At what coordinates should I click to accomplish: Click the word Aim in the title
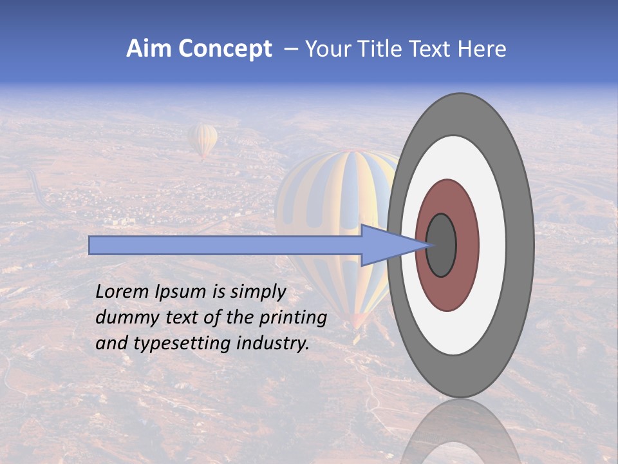(x=149, y=49)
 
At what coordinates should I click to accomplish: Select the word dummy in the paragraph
(x=125, y=318)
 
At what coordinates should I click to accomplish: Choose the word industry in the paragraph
(x=273, y=343)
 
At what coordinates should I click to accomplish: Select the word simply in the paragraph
(x=257, y=292)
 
